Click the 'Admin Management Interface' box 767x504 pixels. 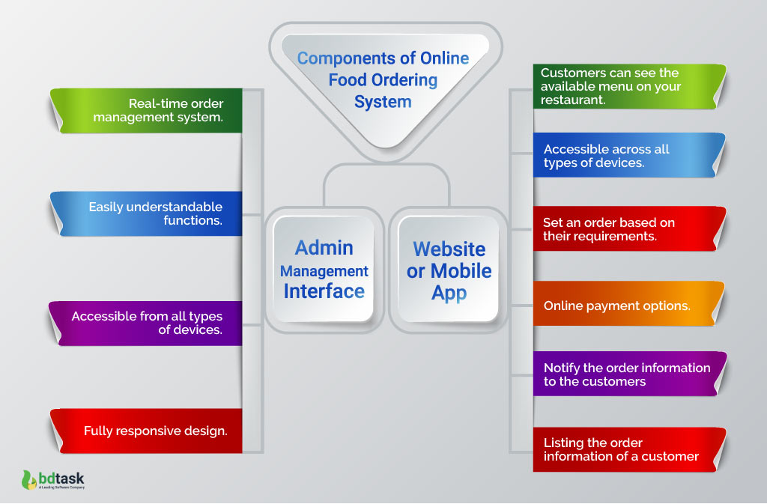pos(324,269)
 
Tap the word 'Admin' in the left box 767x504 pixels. pos(324,247)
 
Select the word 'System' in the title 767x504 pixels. pos(383,102)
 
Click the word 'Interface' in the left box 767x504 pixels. pos(324,291)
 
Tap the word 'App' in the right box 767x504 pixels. pos(449,293)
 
